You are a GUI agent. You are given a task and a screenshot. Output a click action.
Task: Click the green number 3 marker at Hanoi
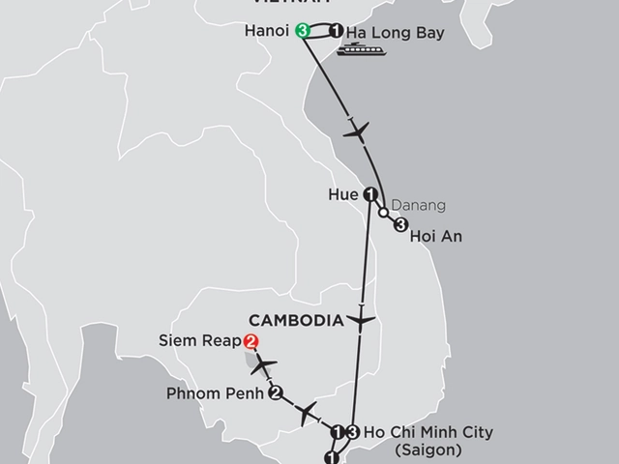click(x=303, y=31)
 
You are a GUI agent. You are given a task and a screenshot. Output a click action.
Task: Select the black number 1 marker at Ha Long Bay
click(x=336, y=31)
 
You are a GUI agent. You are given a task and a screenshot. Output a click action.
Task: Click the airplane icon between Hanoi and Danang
click(x=357, y=130)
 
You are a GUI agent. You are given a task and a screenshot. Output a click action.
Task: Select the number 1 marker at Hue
click(x=370, y=192)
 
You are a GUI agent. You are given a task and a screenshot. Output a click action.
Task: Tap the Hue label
click(x=343, y=193)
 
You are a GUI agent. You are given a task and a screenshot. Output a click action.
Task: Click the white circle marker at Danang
click(x=384, y=212)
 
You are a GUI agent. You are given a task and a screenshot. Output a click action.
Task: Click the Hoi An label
click(x=434, y=234)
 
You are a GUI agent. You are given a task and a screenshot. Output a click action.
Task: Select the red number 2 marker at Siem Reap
click(x=251, y=341)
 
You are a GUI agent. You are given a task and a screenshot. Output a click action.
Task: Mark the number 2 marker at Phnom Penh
click(x=276, y=393)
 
